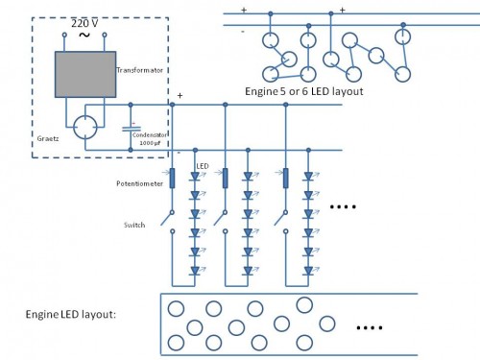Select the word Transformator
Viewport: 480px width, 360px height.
point(139,70)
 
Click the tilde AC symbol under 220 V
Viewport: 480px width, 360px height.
point(84,36)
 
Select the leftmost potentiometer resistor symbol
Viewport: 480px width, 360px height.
point(173,179)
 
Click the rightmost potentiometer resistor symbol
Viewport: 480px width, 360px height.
point(286,179)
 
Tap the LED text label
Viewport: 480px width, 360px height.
point(202,166)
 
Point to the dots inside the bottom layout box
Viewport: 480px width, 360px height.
point(370,328)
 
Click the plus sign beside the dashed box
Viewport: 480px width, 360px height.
point(179,96)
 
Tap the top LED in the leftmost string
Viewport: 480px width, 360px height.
point(195,178)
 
